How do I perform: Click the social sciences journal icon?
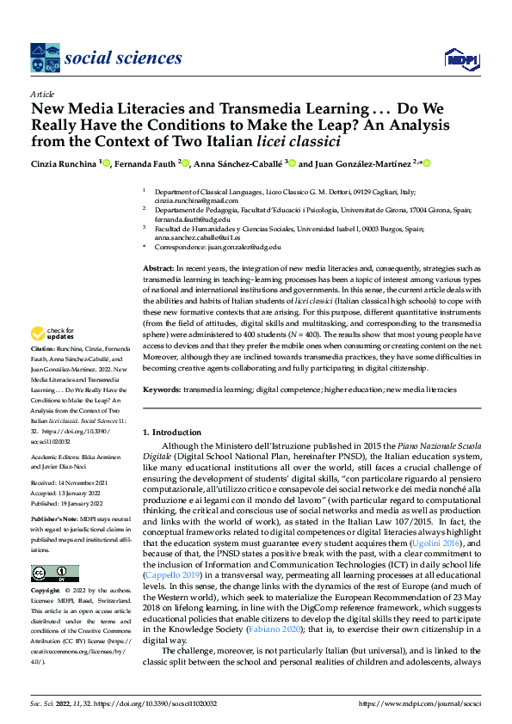click(x=45, y=58)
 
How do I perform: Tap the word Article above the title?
click(x=41, y=94)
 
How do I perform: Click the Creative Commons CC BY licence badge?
click(x=55, y=573)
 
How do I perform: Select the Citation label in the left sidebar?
click(x=43, y=371)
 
